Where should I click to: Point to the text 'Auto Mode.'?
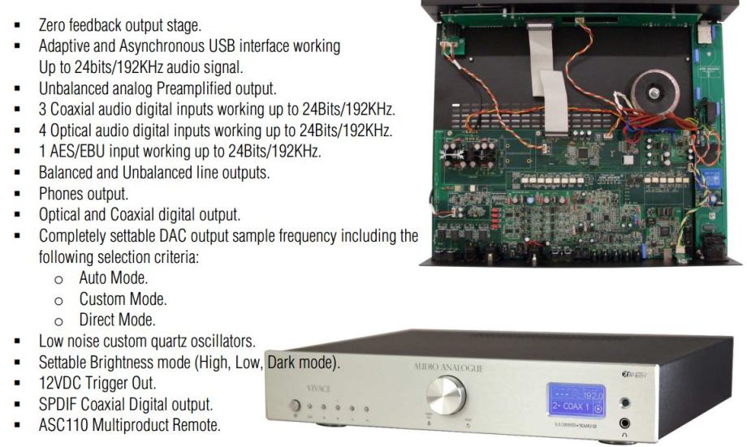click(x=114, y=278)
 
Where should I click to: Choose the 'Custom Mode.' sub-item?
click(x=123, y=299)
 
